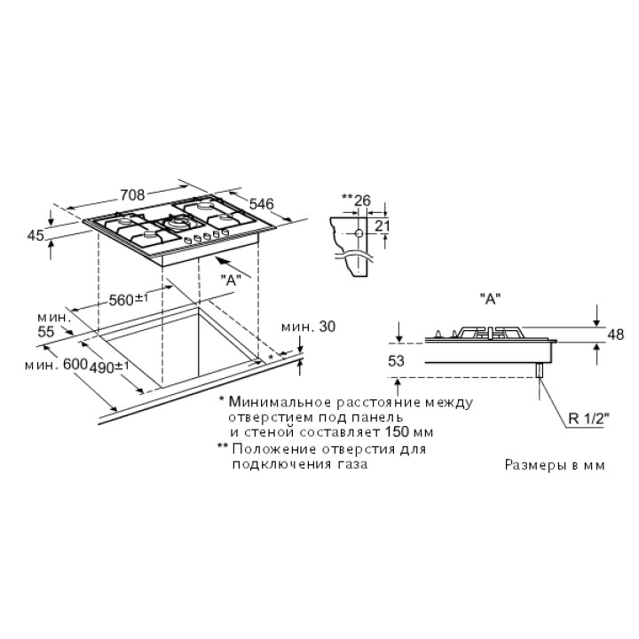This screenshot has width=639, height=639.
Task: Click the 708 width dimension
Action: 133,194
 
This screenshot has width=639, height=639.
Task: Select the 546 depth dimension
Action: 261,203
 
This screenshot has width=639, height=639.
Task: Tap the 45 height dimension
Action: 35,235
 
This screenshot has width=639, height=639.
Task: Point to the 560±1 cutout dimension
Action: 129,300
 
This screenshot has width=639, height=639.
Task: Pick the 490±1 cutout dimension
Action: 109,367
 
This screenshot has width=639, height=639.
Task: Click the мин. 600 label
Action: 56,364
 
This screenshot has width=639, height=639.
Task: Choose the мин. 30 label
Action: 309,326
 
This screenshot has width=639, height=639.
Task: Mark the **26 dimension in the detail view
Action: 356,200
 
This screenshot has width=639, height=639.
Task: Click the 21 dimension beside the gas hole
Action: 382,225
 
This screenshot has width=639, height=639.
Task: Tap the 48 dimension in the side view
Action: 615,335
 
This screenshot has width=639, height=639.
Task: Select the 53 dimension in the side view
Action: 396,360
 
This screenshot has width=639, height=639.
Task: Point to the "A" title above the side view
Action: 490,299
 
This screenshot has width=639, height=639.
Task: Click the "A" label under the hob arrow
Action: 231,280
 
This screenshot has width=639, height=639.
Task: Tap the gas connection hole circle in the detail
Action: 359,233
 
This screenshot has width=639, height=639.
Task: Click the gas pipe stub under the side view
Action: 540,370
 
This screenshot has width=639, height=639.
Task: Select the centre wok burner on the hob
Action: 179,223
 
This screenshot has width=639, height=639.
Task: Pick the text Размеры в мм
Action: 555,465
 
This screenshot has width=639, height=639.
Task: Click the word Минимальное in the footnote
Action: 280,402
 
